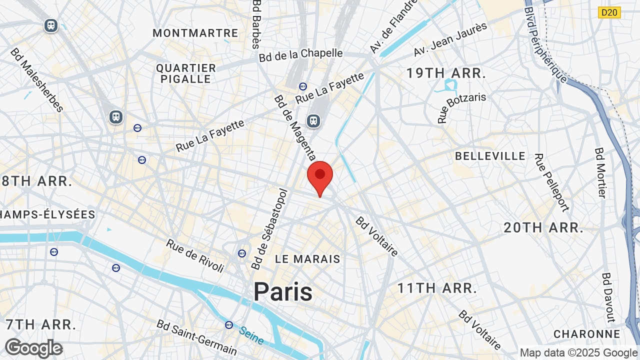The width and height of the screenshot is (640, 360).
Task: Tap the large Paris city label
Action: pos(283,292)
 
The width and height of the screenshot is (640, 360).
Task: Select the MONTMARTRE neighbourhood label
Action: pos(195,33)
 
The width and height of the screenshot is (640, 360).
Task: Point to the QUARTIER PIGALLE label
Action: pos(186,73)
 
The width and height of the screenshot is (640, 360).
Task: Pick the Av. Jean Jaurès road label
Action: pos(450,39)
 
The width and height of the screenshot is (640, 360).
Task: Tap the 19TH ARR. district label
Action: pos(446,73)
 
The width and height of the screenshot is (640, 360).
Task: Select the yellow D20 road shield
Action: pos(609,12)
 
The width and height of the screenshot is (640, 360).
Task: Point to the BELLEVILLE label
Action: pos(490,156)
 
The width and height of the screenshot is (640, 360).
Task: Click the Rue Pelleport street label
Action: pos(551,182)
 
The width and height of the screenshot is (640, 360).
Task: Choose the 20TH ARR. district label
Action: pos(543,228)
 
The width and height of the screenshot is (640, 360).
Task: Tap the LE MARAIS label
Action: pos(308,259)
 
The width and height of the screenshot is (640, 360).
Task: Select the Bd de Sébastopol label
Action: pos(270,229)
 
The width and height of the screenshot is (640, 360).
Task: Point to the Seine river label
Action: pos(251,335)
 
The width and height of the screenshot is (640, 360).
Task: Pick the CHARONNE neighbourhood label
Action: pos(587,334)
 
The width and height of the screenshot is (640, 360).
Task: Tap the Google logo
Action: pos(33,348)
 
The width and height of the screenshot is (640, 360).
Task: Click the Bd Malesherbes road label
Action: pos(36,80)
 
